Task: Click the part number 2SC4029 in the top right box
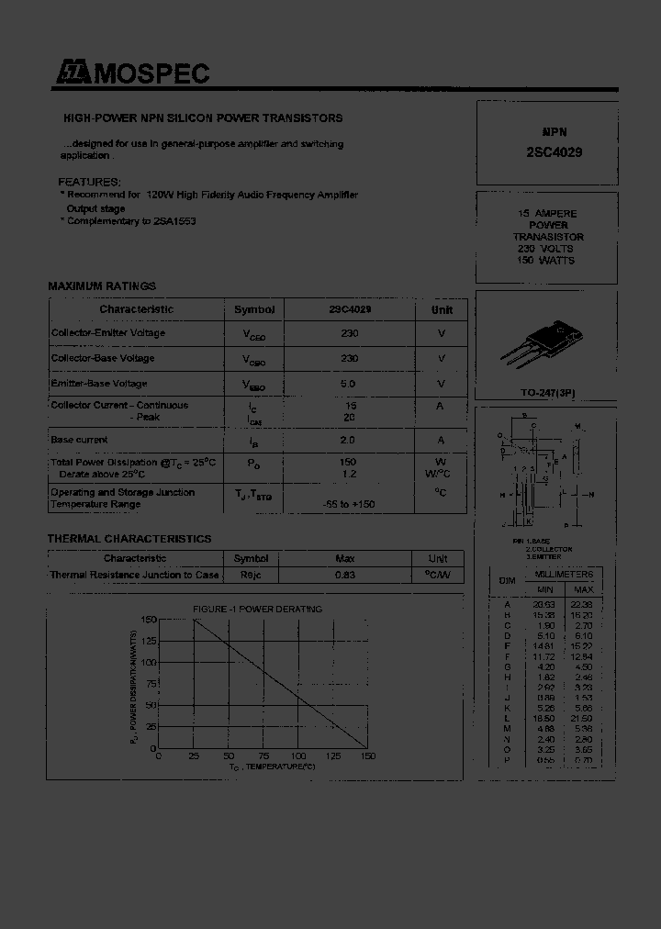(547, 153)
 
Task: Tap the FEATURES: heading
(89, 183)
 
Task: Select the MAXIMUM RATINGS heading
(102, 286)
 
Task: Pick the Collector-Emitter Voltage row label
(108, 333)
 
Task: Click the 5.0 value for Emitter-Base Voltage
(349, 384)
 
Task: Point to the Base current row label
(79, 440)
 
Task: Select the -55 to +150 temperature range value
(349, 505)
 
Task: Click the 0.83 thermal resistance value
(345, 575)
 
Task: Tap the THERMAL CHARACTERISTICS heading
(129, 539)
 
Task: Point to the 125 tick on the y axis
(149, 641)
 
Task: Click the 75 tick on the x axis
(263, 756)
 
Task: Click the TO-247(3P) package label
(545, 393)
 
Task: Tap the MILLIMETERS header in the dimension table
(564, 574)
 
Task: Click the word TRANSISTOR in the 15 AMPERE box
(548, 237)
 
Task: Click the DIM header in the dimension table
(507, 581)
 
